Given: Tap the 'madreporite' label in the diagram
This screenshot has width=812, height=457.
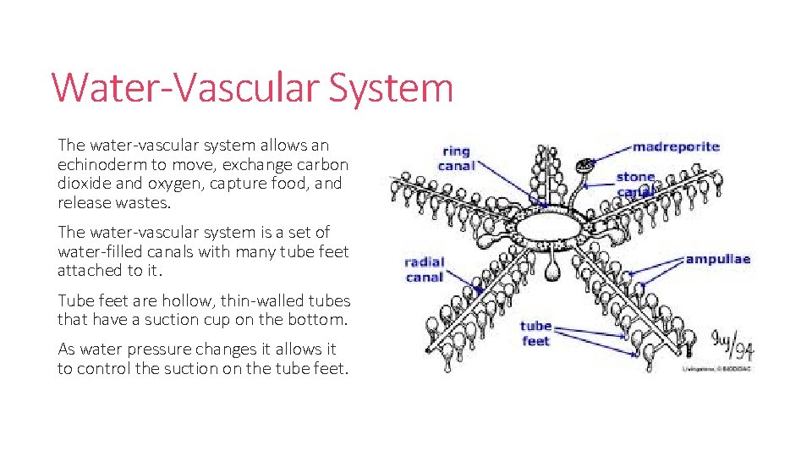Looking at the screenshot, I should point(676,146).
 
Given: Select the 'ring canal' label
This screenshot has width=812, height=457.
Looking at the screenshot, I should point(456,159).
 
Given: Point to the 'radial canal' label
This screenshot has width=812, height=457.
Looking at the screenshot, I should point(424,269).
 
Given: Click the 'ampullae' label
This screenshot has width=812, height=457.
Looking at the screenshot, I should point(717,259).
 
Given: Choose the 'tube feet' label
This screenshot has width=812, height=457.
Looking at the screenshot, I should point(535,333).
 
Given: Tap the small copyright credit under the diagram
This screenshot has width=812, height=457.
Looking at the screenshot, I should point(717,368).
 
